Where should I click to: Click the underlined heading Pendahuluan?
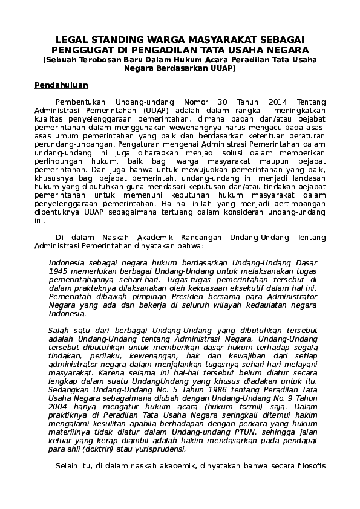(x=61, y=85)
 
